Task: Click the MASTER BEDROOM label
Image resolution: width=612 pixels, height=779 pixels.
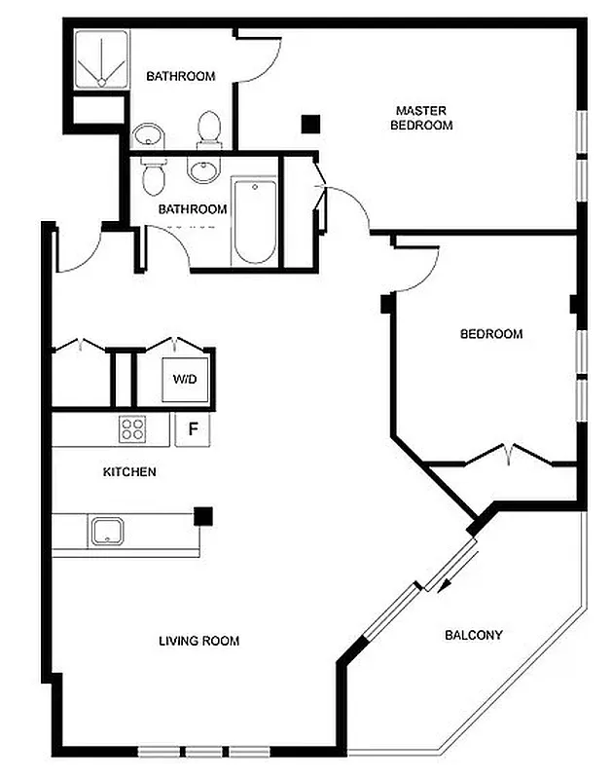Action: coord(421,118)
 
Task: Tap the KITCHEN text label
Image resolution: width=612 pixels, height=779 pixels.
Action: coord(129,472)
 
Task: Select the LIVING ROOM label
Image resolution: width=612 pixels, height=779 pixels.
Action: coord(198,641)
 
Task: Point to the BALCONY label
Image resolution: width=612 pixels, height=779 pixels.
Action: coord(473,636)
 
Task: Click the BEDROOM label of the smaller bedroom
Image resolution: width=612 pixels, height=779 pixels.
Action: coord(490,334)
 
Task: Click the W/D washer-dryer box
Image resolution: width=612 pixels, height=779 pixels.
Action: coord(185,378)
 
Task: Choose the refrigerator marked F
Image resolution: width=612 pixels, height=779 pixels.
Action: coord(192,428)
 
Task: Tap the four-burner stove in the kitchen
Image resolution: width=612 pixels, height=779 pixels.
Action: coord(131,428)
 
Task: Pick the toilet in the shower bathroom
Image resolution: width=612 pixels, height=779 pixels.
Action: coord(208,129)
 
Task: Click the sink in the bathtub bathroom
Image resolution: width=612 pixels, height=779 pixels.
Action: coord(202,171)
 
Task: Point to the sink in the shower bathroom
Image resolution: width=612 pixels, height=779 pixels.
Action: coord(148,134)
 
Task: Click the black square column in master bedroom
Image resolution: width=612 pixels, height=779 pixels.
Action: coord(310,124)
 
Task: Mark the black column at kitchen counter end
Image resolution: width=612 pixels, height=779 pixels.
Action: coord(203,516)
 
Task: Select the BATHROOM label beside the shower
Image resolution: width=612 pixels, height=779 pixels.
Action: coord(180,76)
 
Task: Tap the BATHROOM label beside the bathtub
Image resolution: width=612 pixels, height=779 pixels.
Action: coord(193,208)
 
